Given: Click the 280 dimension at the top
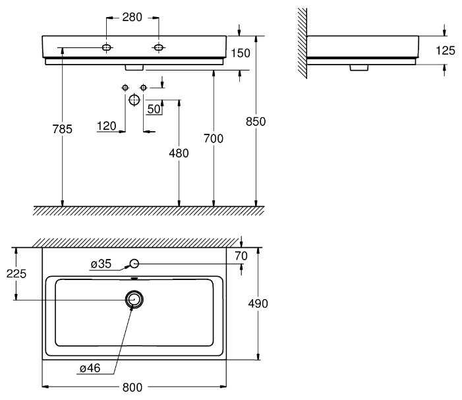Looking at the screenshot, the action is pos(132,17).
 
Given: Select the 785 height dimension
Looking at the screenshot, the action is pos(62,129).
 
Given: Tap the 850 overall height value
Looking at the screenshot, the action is pos(256,121).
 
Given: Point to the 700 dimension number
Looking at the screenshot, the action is pos(214,138).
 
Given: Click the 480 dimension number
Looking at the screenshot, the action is pos(179,153).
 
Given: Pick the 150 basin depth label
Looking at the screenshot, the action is pos(241,53).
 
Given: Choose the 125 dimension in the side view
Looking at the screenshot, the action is pos(446,51).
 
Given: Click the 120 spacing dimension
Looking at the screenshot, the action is pos(107,126).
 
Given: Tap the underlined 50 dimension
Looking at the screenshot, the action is pos(154,109).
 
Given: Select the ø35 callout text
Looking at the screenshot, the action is pos(101,264).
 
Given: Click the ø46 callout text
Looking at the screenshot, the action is pos(90,368).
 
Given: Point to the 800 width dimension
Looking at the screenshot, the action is pos(132,387).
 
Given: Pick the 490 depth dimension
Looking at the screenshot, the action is pos(258,304).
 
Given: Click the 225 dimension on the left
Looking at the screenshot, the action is pos(16,273).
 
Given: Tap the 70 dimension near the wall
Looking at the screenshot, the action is pos(241,256).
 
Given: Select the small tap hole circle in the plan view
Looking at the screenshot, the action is pos(134,260).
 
